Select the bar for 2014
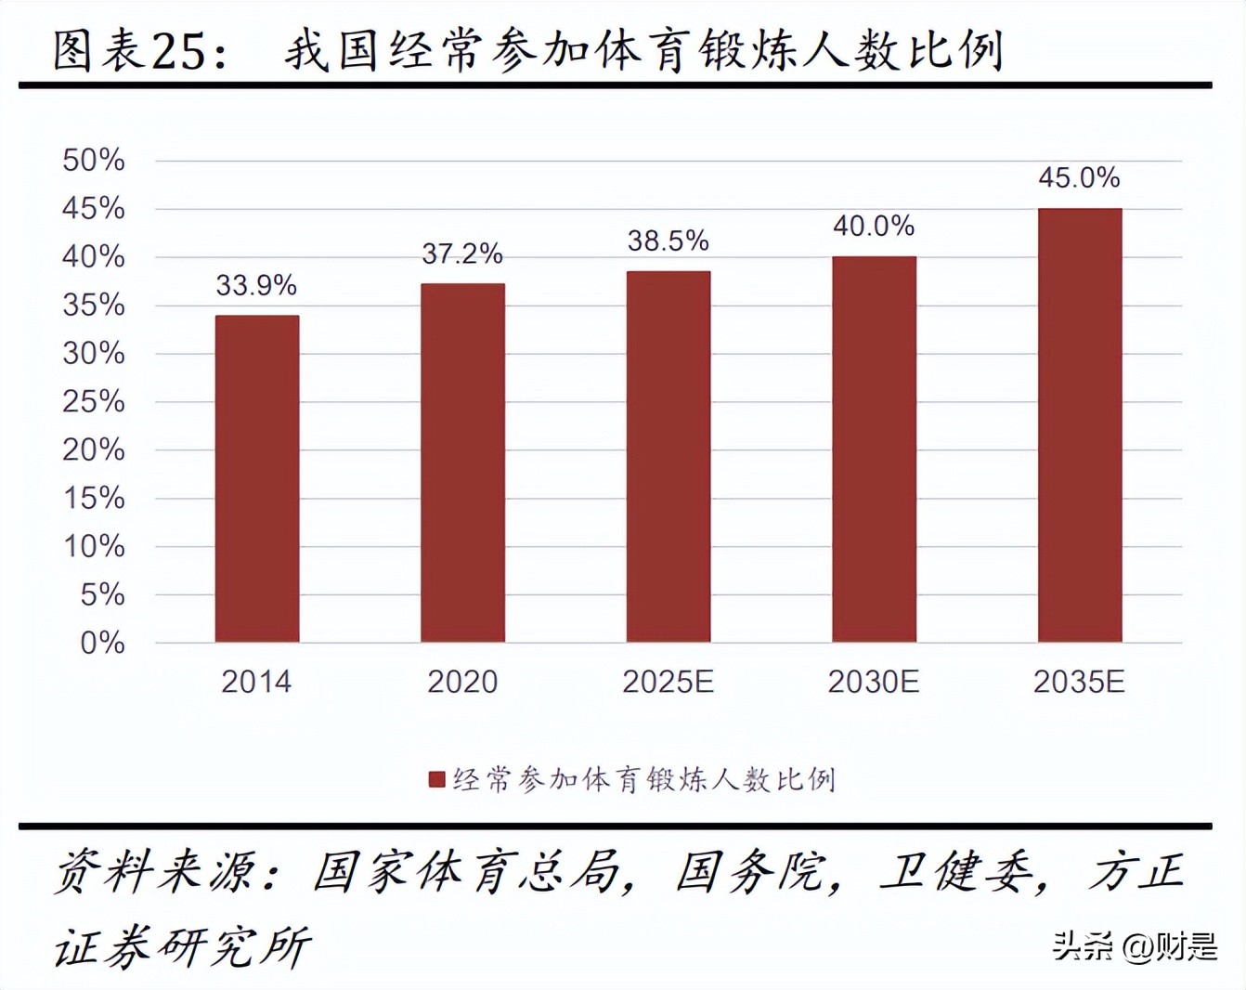pos(257,478)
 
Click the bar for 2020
pos(462,462)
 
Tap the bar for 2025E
pos(668,456)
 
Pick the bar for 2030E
pos(874,449)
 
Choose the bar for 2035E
pos(1080,424)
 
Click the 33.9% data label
pos(256,285)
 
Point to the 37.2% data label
pos(462,254)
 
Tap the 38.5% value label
pos(668,241)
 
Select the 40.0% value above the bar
pos(874,226)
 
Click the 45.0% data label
pos(1080,177)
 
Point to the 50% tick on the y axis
pos(94,160)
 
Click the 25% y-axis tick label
pos(94,401)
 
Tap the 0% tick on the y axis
pos(102,643)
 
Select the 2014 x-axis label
pos(256,683)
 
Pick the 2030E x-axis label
pos(874,683)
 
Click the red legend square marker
pos(436,779)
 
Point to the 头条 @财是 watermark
pos(1134,946)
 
